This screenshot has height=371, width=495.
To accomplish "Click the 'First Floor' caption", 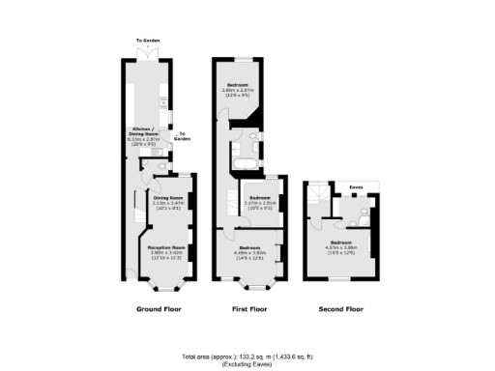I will (x=249, y=310).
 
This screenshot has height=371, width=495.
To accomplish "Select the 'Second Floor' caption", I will (x=340, y=310).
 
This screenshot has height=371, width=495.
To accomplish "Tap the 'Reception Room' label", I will (x=166, y=247).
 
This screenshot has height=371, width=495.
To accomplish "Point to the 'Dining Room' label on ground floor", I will (x=168, y=197).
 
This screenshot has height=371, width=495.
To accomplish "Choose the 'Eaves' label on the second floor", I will (x=356, y=188).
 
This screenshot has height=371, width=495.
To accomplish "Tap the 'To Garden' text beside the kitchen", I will (x=182, y=136).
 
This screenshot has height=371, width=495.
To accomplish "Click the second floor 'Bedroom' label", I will (x=340, y=242).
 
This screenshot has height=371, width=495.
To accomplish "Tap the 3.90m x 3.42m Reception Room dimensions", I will (x=166, y=253).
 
